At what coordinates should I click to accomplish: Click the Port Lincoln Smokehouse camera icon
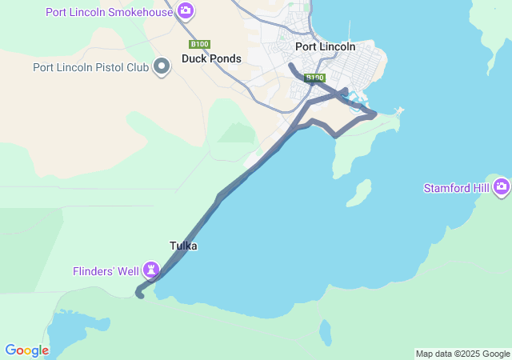186,11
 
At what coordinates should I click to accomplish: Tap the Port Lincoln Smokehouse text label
109,12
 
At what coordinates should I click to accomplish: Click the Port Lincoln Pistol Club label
91,67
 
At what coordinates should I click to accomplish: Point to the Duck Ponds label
211,58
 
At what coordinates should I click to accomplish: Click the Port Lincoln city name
325,46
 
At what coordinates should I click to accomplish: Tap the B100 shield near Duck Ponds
198,44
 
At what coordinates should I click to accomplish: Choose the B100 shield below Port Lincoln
314,78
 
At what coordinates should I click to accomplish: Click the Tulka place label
183,246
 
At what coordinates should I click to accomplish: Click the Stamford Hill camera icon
502,187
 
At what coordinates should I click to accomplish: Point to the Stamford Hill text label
458,188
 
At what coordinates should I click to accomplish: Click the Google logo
27,350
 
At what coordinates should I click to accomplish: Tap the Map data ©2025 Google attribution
462,354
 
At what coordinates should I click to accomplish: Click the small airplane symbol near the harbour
399,110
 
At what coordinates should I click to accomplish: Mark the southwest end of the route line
141,295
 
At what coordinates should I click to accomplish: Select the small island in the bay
362,192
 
